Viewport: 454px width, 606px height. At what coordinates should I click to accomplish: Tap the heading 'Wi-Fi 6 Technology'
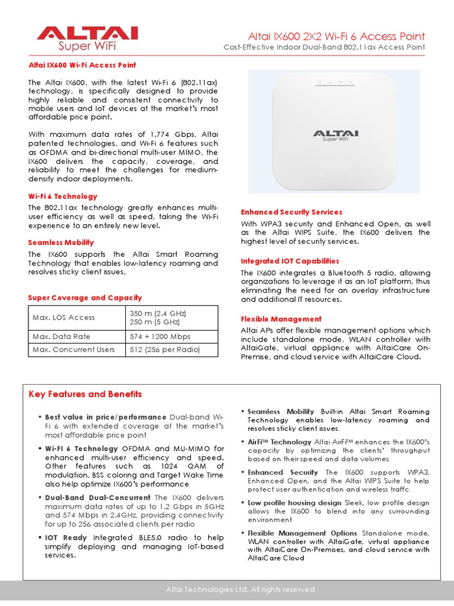[x=63, y=196]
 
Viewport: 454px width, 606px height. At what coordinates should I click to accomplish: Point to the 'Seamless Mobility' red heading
[x=61, y=243]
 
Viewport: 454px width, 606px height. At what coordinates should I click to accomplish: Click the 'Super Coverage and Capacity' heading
[x=85, y=298]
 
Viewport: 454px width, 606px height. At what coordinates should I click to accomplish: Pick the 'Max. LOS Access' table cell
[x=64, y=317]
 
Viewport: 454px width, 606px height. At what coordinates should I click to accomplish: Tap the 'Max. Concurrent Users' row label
[x=74, y=349]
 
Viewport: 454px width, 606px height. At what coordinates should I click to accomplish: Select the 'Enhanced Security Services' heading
[x=291, y=212]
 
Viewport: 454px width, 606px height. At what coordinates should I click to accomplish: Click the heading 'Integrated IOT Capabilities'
[x=290, y=261]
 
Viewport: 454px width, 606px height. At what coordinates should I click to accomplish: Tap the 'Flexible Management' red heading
[x=281, y=319]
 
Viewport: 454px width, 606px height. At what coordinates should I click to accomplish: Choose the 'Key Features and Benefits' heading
[x=85, y=394]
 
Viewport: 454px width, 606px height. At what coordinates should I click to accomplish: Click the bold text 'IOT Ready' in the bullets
[x=67, y=537]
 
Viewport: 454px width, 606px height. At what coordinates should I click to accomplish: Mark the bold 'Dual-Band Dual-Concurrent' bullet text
[x=99, y=498]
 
